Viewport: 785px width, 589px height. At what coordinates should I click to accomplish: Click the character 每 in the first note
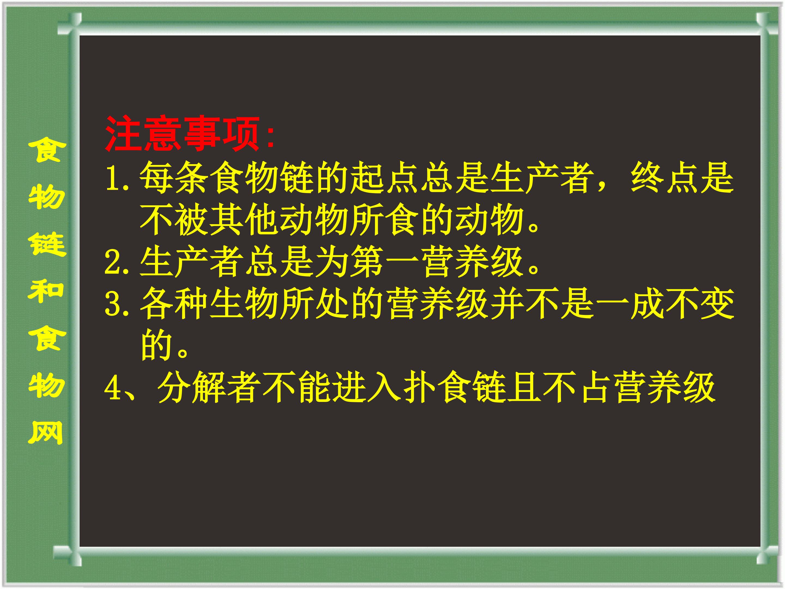tap(156, 178)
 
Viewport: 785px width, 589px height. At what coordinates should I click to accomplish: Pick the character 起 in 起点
tap(367, 178)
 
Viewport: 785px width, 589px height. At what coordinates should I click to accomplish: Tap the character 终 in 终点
tap(648, 178)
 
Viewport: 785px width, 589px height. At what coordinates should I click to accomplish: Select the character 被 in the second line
tap(192, 220)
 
